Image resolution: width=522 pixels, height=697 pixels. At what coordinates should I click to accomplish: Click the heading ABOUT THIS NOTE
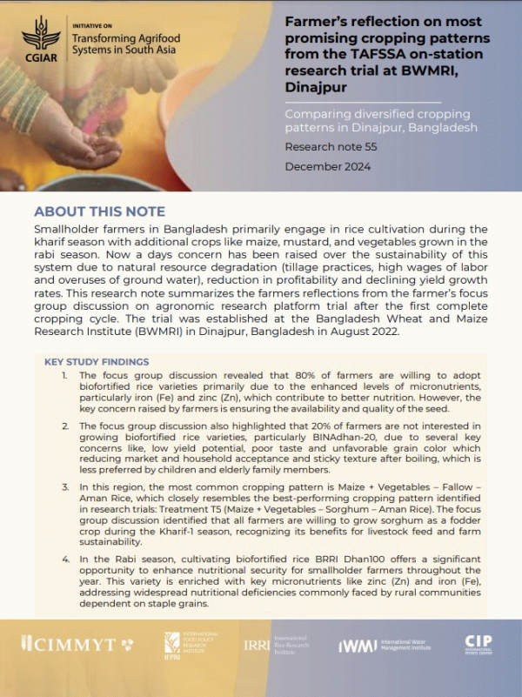99,212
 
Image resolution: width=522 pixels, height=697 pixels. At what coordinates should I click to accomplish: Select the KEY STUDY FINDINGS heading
97,361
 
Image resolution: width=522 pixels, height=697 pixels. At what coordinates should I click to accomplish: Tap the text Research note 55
331,147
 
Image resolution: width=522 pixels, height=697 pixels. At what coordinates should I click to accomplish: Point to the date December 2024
328,166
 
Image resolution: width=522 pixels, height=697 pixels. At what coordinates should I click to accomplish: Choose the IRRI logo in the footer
257,644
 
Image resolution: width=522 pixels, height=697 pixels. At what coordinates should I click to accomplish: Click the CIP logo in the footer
478,644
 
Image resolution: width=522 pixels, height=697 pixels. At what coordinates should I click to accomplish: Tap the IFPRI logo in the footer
172,645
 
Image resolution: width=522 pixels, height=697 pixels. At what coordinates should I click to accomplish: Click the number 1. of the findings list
66,373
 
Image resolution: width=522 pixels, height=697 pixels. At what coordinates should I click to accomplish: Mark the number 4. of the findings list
66,562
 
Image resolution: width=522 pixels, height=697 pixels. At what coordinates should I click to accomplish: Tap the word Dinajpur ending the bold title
318,88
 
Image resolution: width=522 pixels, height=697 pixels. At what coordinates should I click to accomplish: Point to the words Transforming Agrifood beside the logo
114,38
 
